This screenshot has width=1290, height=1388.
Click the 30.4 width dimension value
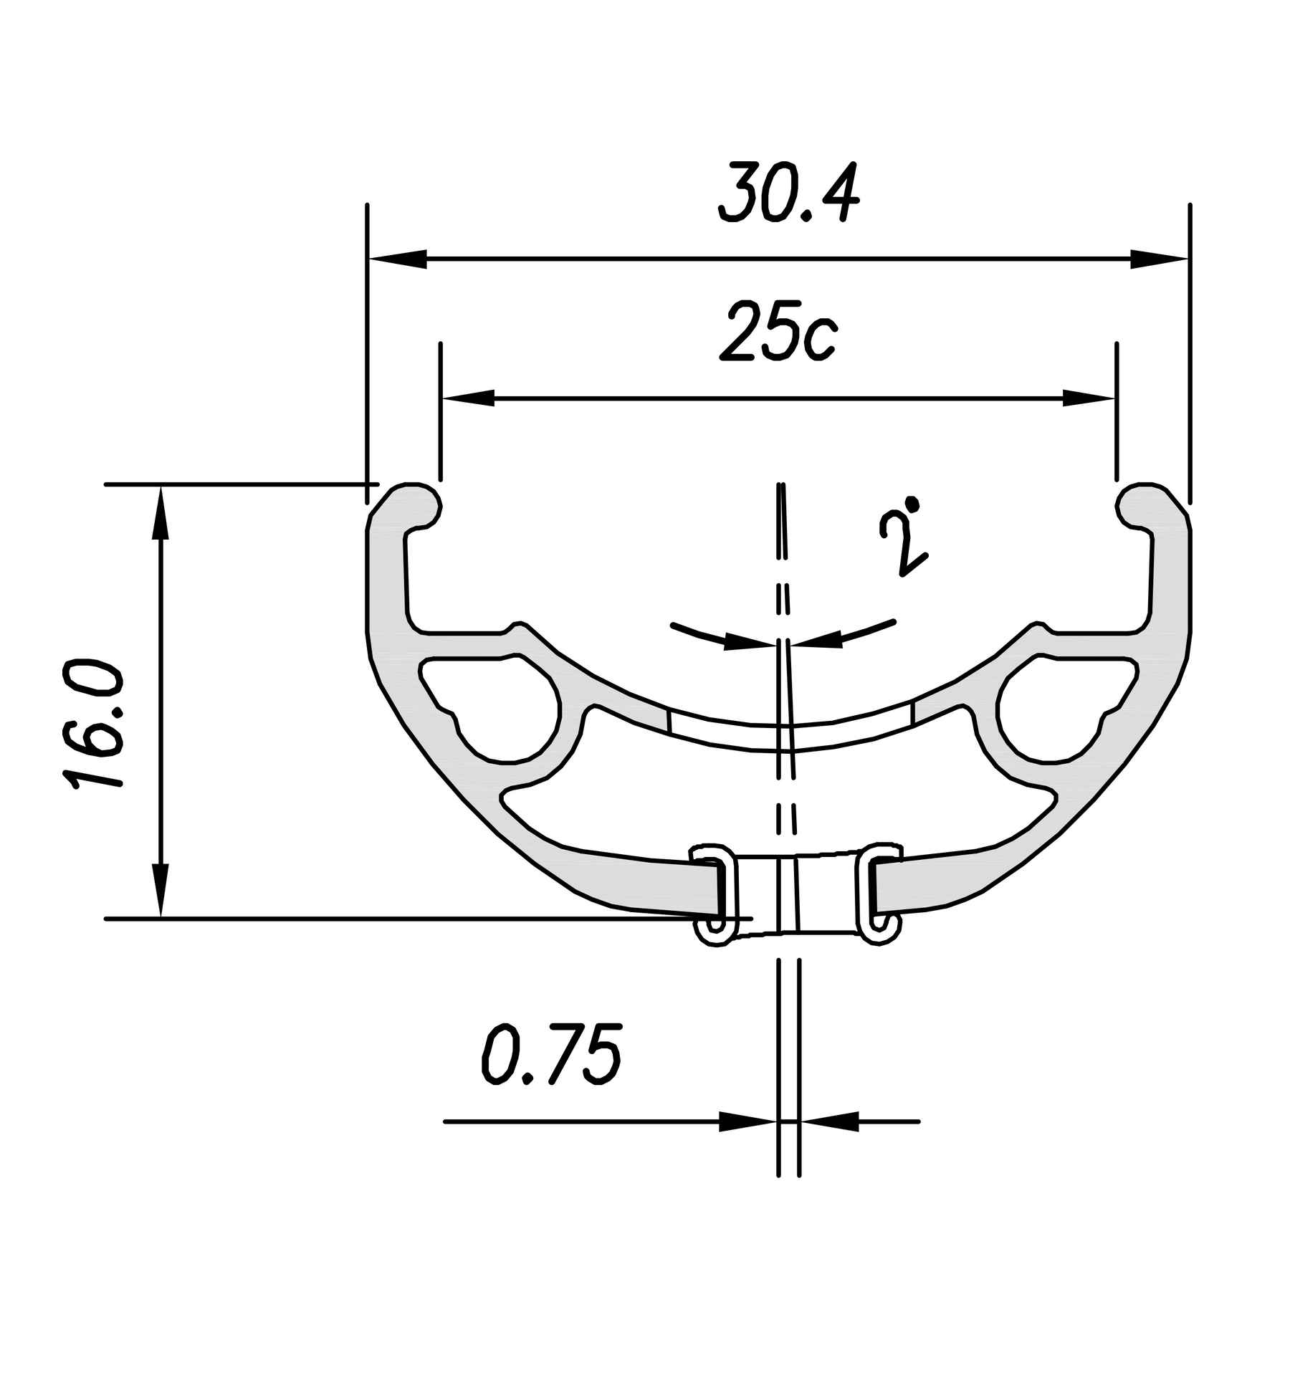click(788, 193)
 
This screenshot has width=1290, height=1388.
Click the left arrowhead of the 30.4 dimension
click(397, 259)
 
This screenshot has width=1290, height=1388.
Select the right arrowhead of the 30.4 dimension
click(1159, 259)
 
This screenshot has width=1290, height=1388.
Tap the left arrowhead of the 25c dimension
click(469, 398)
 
